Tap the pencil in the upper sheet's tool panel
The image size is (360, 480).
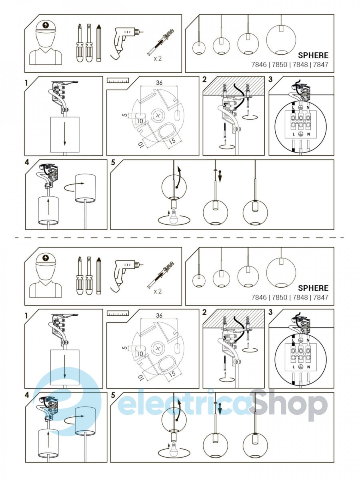click(x=99, y=43)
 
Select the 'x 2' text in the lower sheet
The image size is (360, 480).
click(x=158, y=291)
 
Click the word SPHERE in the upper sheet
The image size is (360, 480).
click(x=313, y=55)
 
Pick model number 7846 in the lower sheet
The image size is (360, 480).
click(x=259, y=298)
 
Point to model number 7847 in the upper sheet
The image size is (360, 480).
click(x=321, y=65)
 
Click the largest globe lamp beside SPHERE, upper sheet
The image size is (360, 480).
click(x=281, y=39)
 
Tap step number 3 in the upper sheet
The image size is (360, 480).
click(x=271, y=79)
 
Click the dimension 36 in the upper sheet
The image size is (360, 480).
click(x=159, y=83)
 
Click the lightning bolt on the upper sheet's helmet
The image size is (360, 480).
click(x=46, y=25)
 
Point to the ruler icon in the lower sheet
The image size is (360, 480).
click(x=118, y=314)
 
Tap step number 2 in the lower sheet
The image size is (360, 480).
click(x=204, y=312)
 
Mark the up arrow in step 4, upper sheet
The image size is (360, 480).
click(x=48, y=206)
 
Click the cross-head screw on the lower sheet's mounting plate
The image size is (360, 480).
click(x=157, y=348)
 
